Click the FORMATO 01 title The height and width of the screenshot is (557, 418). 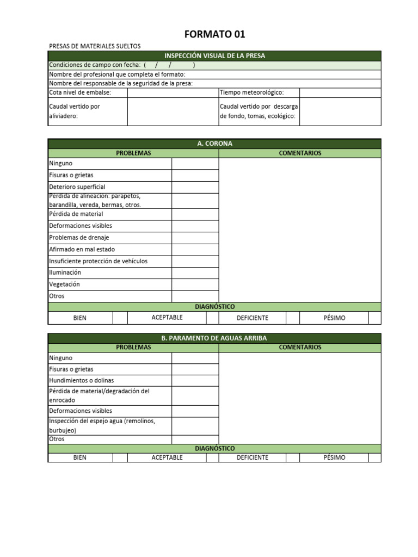pos(214,34)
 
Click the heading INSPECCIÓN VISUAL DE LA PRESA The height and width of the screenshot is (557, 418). pos(214,55)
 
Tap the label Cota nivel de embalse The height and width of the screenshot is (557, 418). pos(80,92)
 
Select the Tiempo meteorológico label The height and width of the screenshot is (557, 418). pos(251,92)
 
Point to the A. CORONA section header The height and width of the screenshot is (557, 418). pos(214,144)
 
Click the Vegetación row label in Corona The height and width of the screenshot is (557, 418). pos(64,284)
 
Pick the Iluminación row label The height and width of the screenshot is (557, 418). pos(65,272)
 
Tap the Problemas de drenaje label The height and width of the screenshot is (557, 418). pos(79,238)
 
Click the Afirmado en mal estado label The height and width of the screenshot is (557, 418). pos(82,249)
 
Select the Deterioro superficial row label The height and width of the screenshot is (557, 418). pos(77,187)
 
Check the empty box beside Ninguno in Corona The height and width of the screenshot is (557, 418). pos(195,163)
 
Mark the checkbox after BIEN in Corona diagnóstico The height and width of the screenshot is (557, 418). pos(120,318)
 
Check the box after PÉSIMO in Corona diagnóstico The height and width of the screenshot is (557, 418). pos(374,318)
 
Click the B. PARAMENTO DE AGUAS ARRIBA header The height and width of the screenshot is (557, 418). pos(214,338)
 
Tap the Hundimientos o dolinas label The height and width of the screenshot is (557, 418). pos(81,380)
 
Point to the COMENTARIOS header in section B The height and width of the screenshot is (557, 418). pos(300,347)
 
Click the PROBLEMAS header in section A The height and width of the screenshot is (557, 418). pos(133,153)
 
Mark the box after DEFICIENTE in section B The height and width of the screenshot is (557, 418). pos(293,457)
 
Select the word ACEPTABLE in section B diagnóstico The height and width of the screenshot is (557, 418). pos(167,457)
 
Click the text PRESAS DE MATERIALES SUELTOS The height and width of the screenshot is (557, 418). pos(95,46)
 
